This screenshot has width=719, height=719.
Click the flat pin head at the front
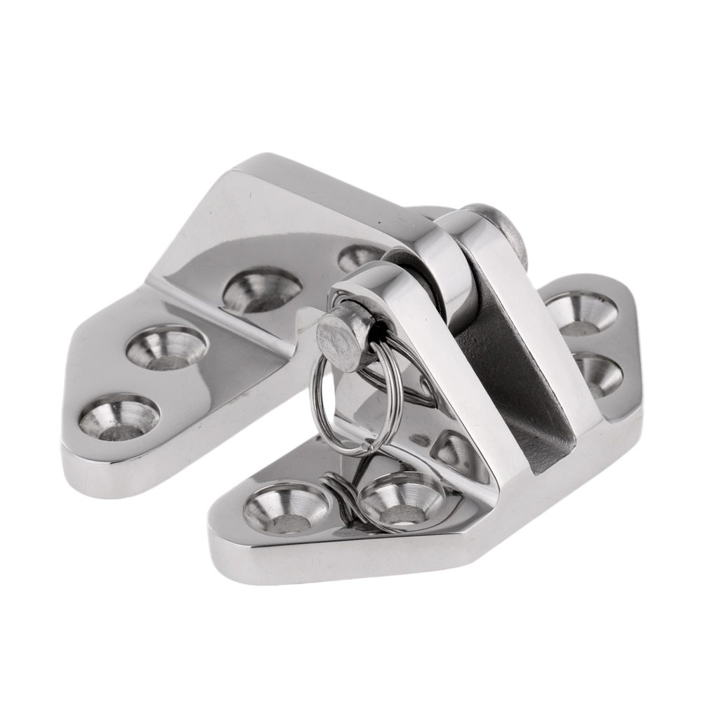338,336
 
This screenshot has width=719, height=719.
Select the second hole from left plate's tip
166,347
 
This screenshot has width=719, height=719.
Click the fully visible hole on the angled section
262,289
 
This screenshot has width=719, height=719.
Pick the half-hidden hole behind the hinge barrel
359,258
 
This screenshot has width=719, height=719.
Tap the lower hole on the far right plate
597,374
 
